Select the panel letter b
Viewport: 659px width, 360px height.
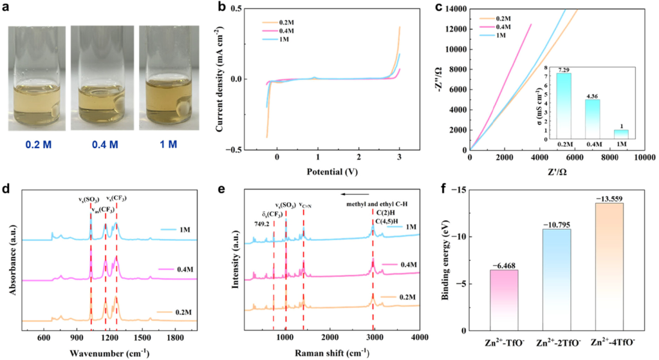point(221,8)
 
